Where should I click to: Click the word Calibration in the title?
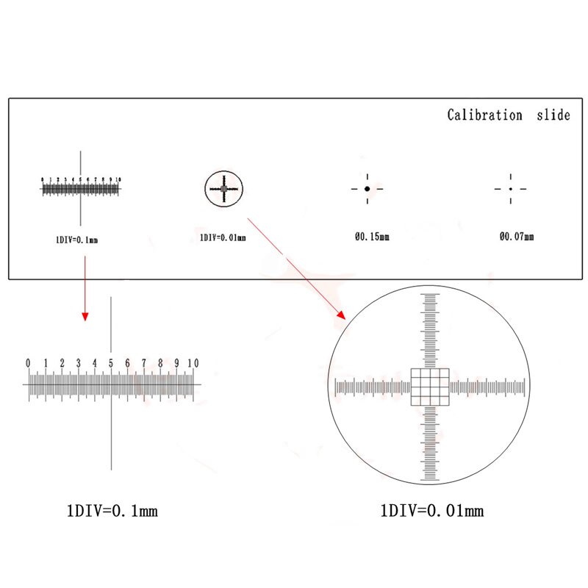pos(485,115)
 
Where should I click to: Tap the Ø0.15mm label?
pos(372,237)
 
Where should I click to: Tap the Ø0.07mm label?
pos(517,237)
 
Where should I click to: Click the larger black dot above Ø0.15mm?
pos(367,189)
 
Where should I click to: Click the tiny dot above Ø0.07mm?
pos(511,189)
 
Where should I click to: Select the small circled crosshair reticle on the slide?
pos(223,189)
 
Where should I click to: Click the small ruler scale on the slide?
pos(80,188)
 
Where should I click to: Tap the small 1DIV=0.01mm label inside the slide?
pos(223,238)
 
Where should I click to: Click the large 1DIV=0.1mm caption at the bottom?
pos(112,509)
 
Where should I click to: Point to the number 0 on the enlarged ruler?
pos(28,363)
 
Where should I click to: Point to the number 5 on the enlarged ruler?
pos(111,363)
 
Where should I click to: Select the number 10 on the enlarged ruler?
pos(193,363)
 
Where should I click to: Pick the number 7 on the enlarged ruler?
pos(144,363)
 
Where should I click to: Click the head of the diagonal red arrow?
pos(341,315)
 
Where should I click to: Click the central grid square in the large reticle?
pos(429,387)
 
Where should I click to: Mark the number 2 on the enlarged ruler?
pos(62,363)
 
